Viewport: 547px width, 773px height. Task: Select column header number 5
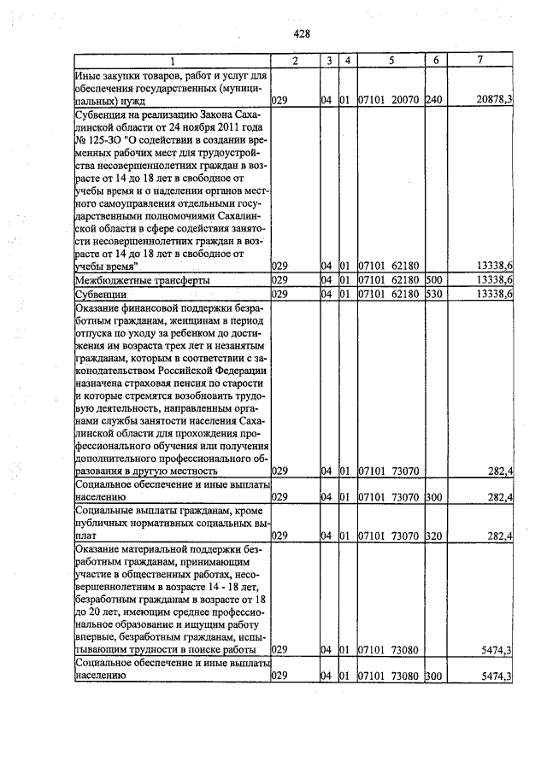(390, 61)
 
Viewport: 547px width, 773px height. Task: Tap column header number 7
(480, 61)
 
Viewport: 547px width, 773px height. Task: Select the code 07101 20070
(387, 100)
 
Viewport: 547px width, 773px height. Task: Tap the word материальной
(155, 551)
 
